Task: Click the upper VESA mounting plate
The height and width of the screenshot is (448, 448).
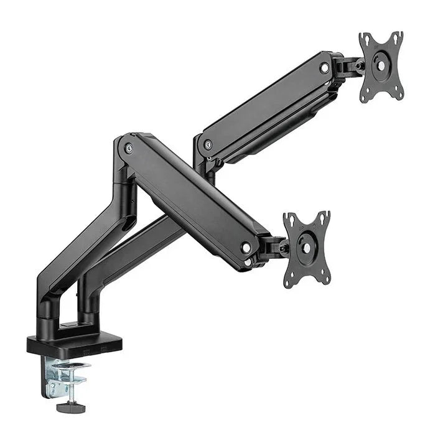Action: (381, 67)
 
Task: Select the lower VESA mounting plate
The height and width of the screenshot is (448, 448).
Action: (306, 248)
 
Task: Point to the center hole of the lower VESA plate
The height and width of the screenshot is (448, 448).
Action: (306, 247)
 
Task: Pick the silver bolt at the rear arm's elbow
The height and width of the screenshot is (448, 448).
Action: (208, 144)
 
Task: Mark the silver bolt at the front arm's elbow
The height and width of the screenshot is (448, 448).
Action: (128, 148)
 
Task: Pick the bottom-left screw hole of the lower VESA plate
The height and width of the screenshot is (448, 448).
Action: (289, 280)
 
